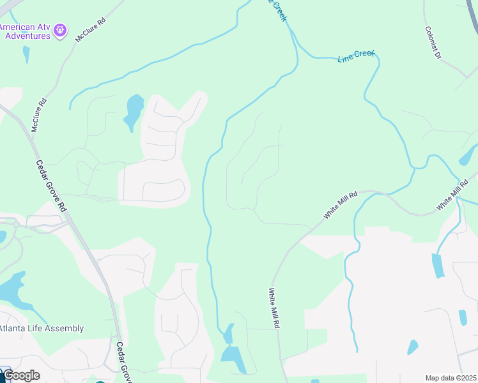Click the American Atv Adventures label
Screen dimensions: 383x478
tap(25, 31)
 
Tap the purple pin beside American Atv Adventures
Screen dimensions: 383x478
tap(61, 29)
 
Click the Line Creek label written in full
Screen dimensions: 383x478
tap(355, 56)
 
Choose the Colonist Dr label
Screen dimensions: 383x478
tap(433, 43)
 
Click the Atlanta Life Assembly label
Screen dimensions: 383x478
tap(42, 329)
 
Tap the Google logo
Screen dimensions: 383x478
tap(21, 375)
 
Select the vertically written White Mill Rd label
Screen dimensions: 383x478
tap(274, 308)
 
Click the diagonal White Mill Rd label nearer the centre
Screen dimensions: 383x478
tap(339, 204)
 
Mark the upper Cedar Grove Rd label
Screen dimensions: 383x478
tap(50, 185)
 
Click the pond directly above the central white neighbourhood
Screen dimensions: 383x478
tap(135, 110)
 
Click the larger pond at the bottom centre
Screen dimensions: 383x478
tap(234, 359)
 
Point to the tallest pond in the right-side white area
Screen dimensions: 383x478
tap(438, 266)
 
